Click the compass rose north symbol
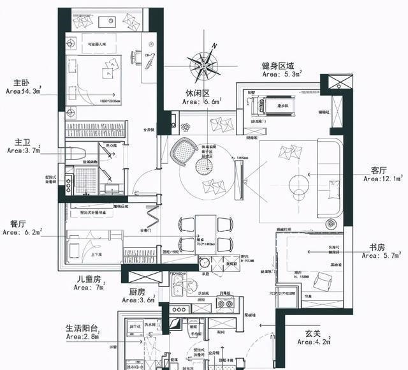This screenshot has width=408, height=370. [x=206, y=61]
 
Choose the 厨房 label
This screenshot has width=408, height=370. [x=137, y=292]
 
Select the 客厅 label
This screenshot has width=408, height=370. [x=379, y=171]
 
